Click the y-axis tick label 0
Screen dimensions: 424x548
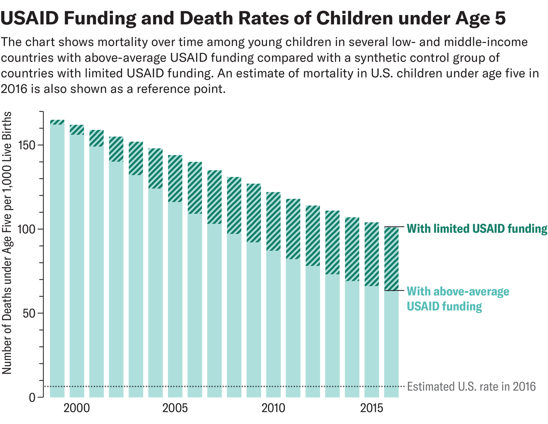click(32, 397)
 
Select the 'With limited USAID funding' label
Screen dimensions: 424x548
click(477, 229)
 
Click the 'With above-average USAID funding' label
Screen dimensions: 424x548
click(457, 299)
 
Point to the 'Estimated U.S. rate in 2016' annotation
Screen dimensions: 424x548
click(471, 386)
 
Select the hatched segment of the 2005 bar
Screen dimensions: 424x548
click(175, 179)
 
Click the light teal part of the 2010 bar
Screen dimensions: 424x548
click(273, 325)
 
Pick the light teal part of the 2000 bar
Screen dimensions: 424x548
click(77, 264)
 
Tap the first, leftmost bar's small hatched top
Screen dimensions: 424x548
click(57, 122)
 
